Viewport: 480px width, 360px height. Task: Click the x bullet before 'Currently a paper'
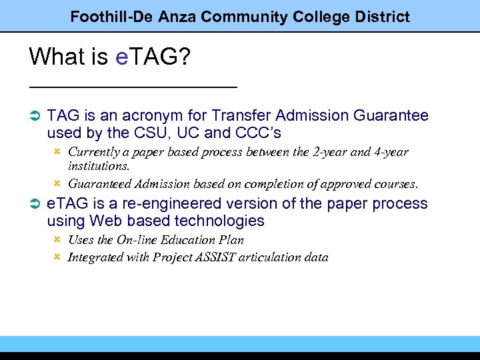click(57, 151)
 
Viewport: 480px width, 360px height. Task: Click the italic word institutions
click(99, 165)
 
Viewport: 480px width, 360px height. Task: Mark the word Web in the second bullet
click(106, 221)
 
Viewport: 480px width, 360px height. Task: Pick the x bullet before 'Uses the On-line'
click(57, 239)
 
